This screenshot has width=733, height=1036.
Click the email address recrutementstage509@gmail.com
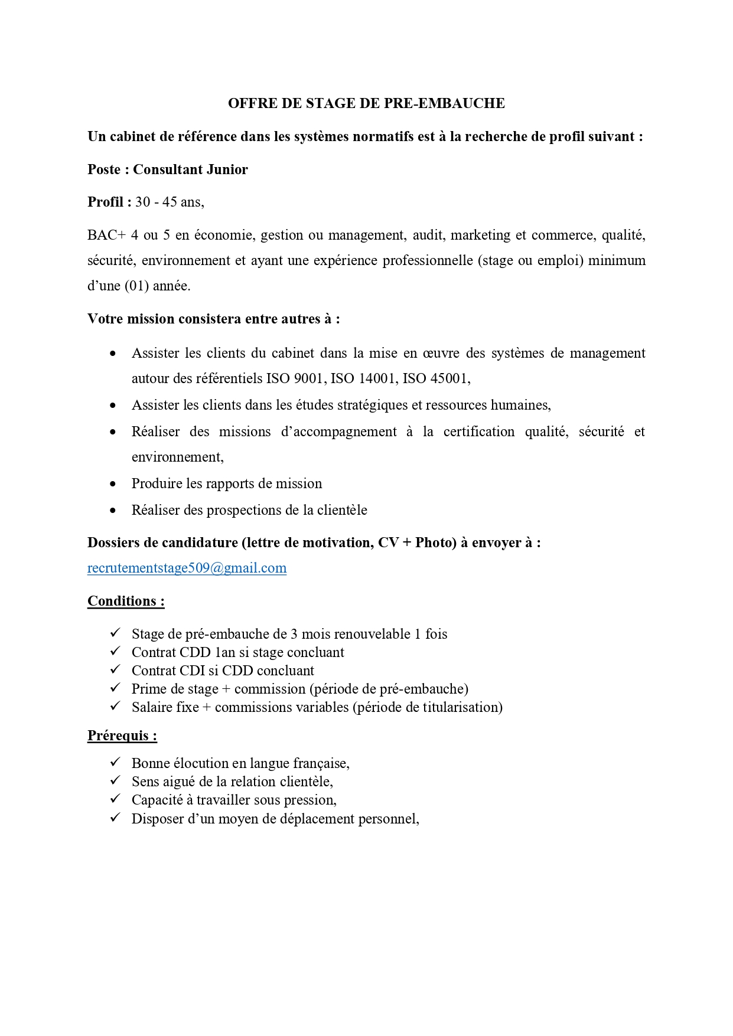[x=187, y=568]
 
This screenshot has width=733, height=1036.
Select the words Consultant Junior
[x=190, y=169]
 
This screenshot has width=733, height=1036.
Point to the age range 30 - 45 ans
[x=169, y=202]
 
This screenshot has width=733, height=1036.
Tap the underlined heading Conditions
[x=125, y=601]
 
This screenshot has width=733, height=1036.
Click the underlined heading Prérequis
[x=122, y=736]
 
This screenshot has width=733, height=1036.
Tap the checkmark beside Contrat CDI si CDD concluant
[x=115, y=669]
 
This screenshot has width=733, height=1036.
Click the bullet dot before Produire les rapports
[x=113, y=484]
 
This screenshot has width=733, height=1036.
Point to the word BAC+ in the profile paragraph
[x=106, y=235]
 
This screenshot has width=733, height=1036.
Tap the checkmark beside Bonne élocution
[x=115, y=762]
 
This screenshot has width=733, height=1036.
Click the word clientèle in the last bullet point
[x=342, y=510]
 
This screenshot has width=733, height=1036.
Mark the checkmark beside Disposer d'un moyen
[x=115, y=818]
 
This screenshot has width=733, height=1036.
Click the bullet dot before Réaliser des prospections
[x=113, y=511]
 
